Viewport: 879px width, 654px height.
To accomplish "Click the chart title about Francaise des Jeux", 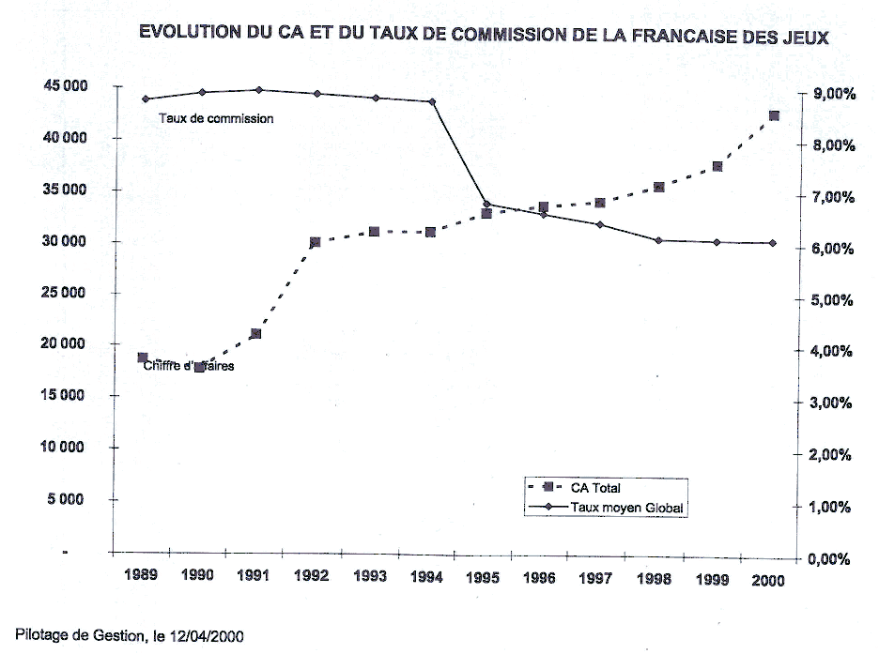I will pos(484,34).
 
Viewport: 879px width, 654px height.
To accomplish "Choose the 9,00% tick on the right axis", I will pos(830,94).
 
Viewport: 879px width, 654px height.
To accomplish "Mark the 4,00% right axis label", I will pos(830,352).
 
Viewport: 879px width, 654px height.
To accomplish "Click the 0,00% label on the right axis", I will pos(830,559).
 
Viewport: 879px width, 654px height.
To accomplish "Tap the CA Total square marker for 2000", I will pos(774,116).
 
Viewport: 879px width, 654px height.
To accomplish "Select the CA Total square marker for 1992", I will pos(315,242).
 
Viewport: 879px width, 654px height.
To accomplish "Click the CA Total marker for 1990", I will pos(199,367).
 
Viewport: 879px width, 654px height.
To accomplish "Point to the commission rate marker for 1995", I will pos(486,204).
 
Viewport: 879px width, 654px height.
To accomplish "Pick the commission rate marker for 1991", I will pos(257,90).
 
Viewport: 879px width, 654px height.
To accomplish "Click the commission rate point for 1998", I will pos(658,240).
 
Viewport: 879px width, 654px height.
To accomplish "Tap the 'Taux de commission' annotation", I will pos(216,119).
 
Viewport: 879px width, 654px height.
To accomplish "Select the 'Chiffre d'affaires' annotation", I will pos(189,366).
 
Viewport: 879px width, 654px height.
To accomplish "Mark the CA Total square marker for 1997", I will pos(600,203).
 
